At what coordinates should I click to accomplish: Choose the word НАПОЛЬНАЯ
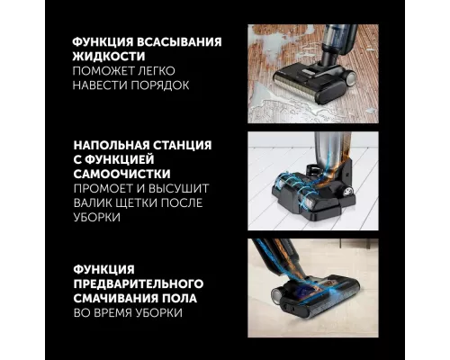116,143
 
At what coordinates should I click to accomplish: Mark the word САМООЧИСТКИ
128,173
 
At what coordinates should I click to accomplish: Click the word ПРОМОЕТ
104,188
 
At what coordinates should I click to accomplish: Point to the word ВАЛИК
97,203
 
